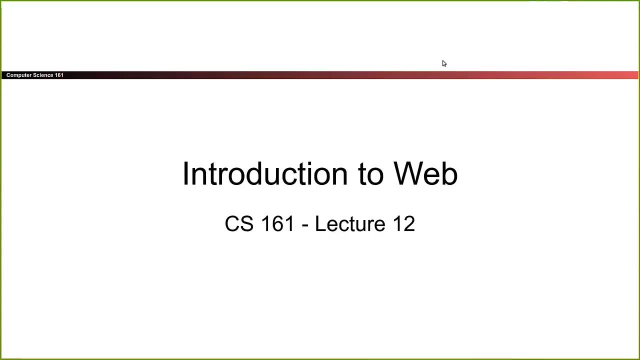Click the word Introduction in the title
tap(264, 174)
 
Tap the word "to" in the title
tap(369, 174)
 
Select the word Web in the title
tap(425, 174)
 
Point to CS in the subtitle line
tap(239, 224)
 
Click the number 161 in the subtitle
tap(277, 224)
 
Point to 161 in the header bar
tap(59, 75)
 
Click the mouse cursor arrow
tap(443, 62)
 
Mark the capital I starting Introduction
tap(185, 174)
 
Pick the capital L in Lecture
tap(319, 224)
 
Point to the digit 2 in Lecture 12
tap(409, 224)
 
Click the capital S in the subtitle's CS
tap(247, 224)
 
